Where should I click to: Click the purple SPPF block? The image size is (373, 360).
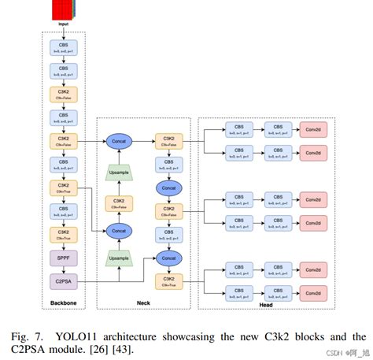tap(62, 257)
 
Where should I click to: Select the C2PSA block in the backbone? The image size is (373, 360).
tap(62, 280)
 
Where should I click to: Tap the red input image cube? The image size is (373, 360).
tap(62, 10)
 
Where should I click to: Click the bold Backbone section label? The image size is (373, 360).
tap(62, 304)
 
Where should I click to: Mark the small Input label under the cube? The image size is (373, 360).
tap(62, 24)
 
